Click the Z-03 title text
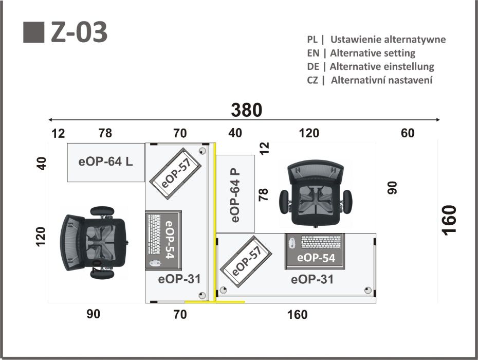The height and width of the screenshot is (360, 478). pos(79,32)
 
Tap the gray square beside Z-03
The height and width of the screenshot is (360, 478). pos(34,32)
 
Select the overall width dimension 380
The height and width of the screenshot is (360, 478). pos(246,110)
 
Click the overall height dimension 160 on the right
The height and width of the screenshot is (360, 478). pos(449,220)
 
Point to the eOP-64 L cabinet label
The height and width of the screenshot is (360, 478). pos(105,161)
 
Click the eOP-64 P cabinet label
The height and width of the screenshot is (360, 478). pos(235,195)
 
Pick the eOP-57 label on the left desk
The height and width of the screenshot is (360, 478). pos(176,173)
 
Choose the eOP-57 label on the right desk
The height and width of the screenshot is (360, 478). pos(246,261)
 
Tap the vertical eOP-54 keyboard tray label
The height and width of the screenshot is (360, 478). pos(170,240)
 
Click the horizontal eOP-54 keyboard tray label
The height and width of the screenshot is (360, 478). pos(316,258)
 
